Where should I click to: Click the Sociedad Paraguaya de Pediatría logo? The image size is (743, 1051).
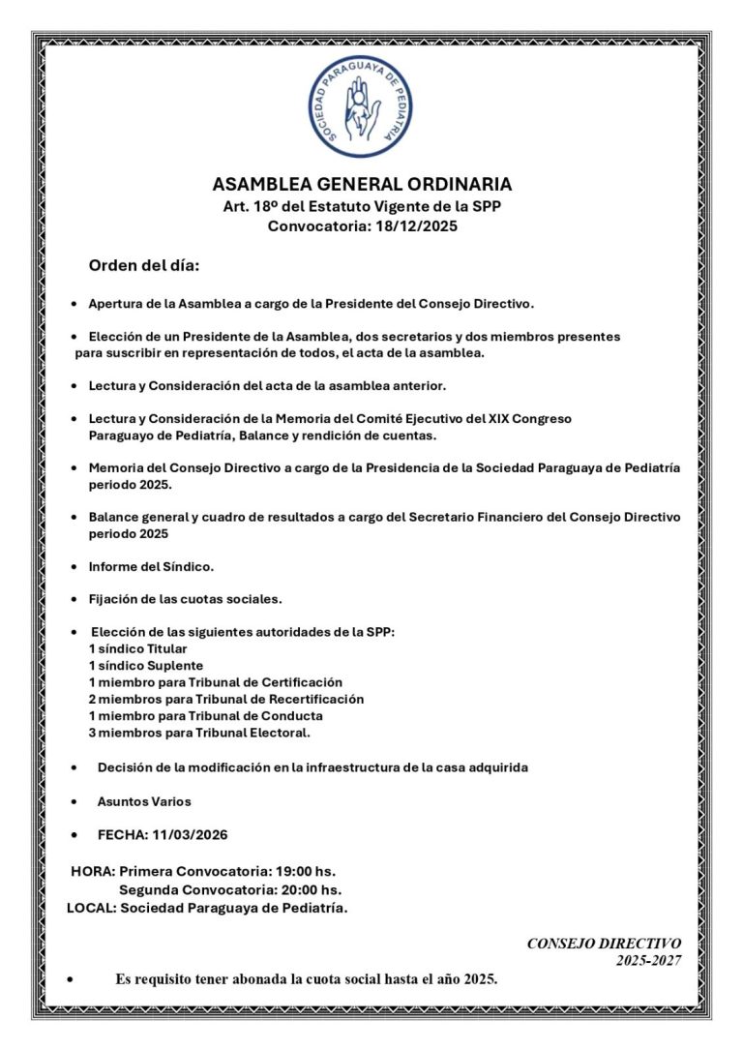click(x=361, y=107)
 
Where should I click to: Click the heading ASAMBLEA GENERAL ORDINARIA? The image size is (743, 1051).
click(x=362, y=185)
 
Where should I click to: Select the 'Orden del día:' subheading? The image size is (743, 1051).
click(x=144, y=265)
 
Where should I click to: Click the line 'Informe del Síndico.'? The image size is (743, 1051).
click(x=151, y=565)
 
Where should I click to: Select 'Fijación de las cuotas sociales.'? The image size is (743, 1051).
click(x=185, y=599)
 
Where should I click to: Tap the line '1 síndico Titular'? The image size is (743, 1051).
click(x=137, y=648)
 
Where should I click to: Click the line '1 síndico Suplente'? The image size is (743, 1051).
click(x=145, y=666)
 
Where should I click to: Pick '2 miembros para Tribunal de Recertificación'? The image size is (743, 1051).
click(x=225, y=699)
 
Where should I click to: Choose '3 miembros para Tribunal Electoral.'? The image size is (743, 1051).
click(x=199, y=733)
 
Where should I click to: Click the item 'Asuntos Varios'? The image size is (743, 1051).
click(x=144, y=801)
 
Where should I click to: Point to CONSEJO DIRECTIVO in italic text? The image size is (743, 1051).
click(x=604, y=943)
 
